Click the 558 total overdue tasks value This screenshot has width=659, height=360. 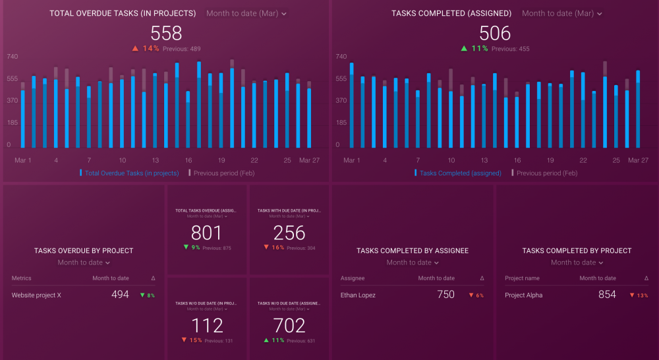pos(166,33)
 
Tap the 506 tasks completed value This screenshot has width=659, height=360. pos(494,33)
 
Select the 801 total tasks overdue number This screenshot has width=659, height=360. pos(206,233)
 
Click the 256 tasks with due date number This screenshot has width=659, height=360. pos(289,233)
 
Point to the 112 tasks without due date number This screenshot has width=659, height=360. pos(206,325)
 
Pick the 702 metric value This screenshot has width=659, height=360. pos(289,325)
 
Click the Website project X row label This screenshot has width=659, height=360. pos(36,295)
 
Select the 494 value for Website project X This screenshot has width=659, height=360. pos(120,295)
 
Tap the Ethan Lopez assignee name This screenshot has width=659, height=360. pos(358,295)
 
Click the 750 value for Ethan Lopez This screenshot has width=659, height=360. pos(445,295)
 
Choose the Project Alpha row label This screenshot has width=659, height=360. pos(523,295)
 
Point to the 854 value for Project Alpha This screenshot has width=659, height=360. pos(607,295)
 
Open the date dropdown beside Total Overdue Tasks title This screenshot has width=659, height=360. pos(246,13)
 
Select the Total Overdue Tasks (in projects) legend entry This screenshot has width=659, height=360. pos(131,173)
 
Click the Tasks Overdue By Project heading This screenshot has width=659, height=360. pos(84,251)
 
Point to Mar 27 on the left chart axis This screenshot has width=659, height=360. pos(310,160)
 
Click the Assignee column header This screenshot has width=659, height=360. pos(352,278)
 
